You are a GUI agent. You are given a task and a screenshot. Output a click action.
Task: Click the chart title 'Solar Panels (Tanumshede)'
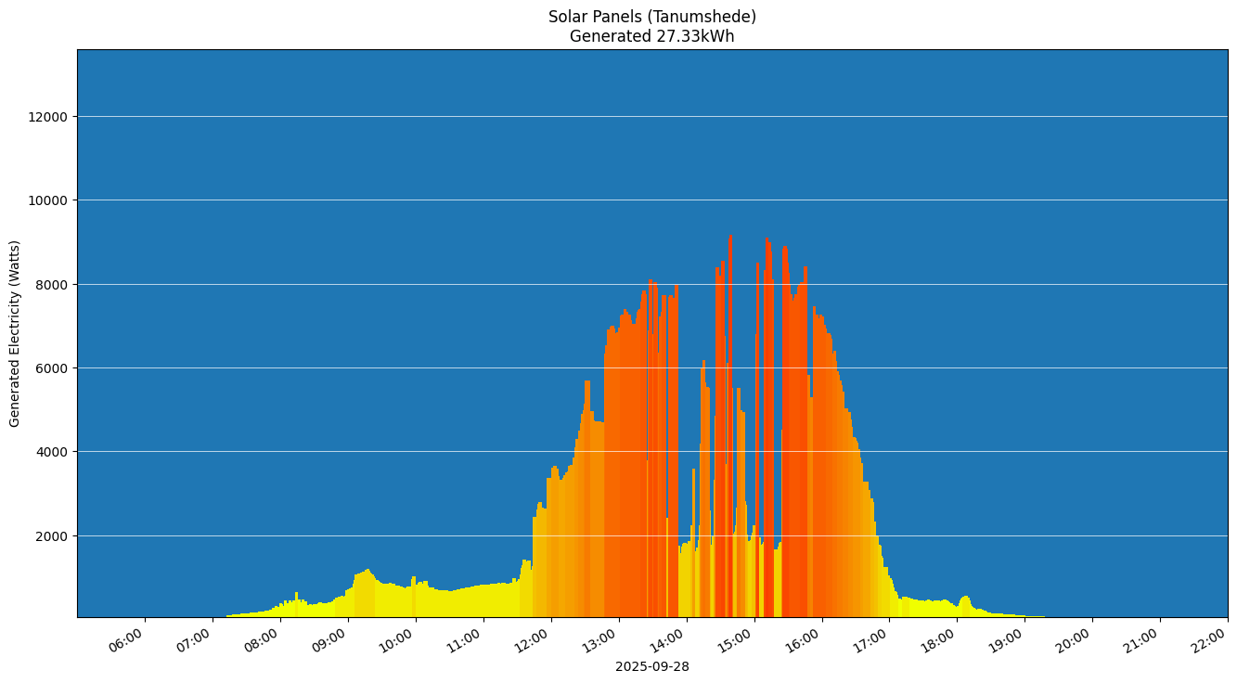(651, 17)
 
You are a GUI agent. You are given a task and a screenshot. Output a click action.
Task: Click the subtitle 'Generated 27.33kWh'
(651, 37)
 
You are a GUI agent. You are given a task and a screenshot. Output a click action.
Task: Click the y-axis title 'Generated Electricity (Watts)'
(15, 333)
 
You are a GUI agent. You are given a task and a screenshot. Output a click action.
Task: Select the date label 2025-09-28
(651, 666)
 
